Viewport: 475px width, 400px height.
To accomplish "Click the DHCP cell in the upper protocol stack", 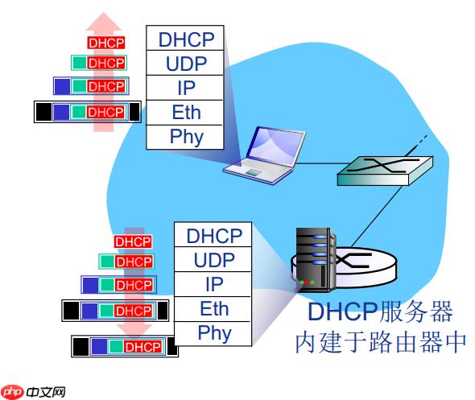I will point(186,39).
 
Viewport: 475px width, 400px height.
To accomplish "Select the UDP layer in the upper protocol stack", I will point(186,63).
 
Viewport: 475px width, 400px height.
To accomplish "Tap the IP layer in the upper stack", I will point(186,88).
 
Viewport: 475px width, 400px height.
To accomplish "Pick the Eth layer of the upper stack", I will point(186,112).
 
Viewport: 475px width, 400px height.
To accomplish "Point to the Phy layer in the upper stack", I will point(186,136).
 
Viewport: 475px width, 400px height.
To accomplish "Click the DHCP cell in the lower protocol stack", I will point(213,235).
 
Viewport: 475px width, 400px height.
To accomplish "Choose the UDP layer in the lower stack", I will point(213,259).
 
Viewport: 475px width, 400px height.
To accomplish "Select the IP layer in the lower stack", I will point(213,284).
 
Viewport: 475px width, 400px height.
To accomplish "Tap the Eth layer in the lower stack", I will point(213,308).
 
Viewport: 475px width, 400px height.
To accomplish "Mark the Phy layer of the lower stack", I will point(213,332).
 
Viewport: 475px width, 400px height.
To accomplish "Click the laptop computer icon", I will point(266,153).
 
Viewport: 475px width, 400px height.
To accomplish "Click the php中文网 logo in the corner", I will point(33,390).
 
